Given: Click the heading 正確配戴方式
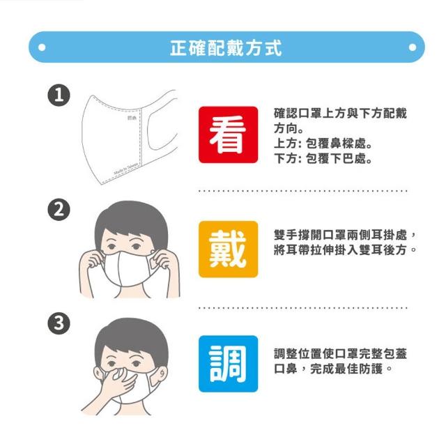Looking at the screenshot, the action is [x=226, y=48].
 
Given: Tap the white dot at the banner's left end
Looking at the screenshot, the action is [x=42, y=47].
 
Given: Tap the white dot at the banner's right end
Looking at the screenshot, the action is [x=412, y=47].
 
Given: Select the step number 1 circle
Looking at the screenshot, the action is [x=59, y=95].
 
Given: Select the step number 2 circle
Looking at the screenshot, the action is [x=59, y=210].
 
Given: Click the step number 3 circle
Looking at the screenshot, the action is [x=59, y=323].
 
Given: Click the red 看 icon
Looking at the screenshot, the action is [x=228, y=134].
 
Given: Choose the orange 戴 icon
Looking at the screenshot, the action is [x=228, y=249].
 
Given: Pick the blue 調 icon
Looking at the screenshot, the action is [x=228, y=364].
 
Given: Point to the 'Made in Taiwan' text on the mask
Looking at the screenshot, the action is [x=125, y=169].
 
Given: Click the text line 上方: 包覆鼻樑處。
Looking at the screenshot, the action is [x=323, y=144].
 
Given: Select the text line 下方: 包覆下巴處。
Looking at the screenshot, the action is [x=323, y=158].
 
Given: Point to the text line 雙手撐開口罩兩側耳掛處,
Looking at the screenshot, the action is [x=345, y=235].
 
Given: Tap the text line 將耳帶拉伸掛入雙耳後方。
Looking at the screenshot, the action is [x=345, y=250].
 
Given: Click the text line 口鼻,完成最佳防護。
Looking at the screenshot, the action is [x=333, y=369].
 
